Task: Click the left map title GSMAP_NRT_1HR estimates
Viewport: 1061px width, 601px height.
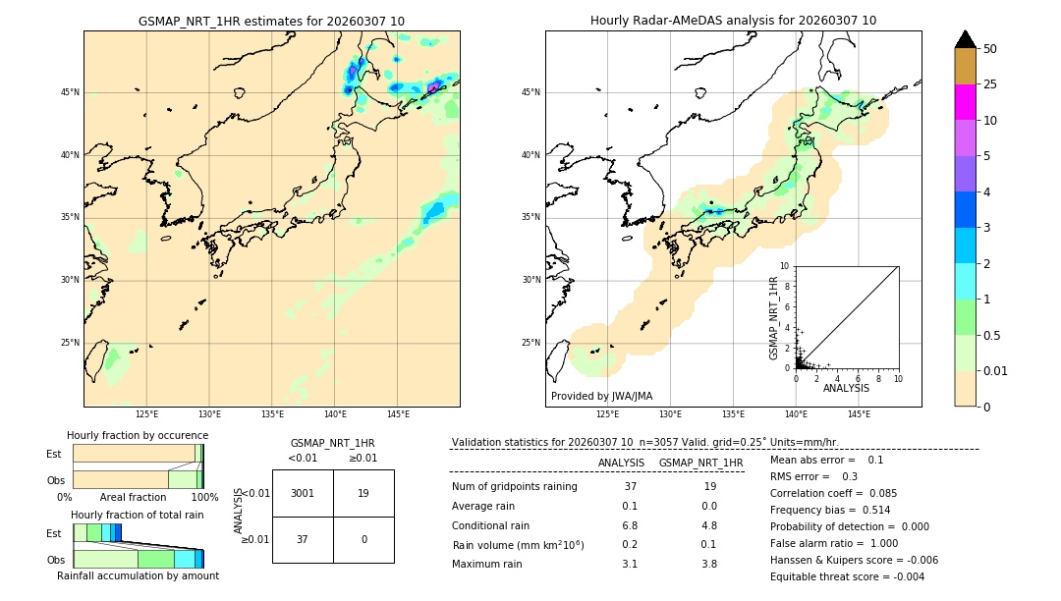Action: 271,21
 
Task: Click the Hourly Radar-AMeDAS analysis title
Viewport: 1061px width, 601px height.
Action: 733,21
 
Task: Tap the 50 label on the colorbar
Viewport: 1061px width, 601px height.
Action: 990,49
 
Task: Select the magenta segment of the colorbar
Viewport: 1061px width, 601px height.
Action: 965,102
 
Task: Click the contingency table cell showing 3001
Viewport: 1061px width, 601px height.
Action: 303,493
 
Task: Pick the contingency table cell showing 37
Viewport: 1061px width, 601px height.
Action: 303,539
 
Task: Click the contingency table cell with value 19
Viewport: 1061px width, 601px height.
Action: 363,493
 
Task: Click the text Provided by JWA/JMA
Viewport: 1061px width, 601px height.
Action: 601,397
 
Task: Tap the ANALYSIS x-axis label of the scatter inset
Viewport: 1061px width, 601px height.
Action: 846,388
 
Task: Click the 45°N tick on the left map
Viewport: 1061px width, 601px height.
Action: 70,92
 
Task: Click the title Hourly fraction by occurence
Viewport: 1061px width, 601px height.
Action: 138,435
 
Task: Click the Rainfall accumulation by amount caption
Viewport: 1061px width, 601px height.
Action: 138,575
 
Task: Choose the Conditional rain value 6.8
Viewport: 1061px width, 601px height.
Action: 630,525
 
